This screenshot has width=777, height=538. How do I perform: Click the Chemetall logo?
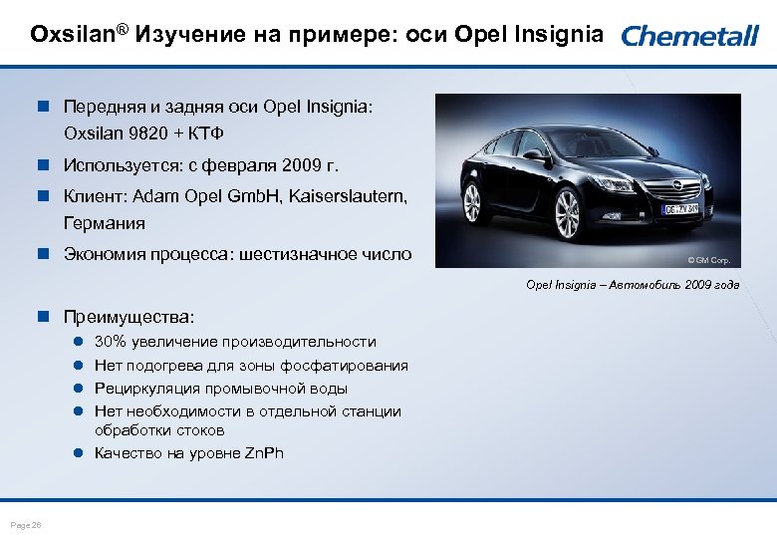tap(689, 37)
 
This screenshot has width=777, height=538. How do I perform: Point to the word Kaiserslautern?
tap(348, 197)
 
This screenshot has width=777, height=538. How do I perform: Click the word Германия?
tap(105, 223)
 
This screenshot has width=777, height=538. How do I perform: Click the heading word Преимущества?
tap(129, 317)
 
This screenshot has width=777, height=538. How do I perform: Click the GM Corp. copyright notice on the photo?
tap(708, 260)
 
